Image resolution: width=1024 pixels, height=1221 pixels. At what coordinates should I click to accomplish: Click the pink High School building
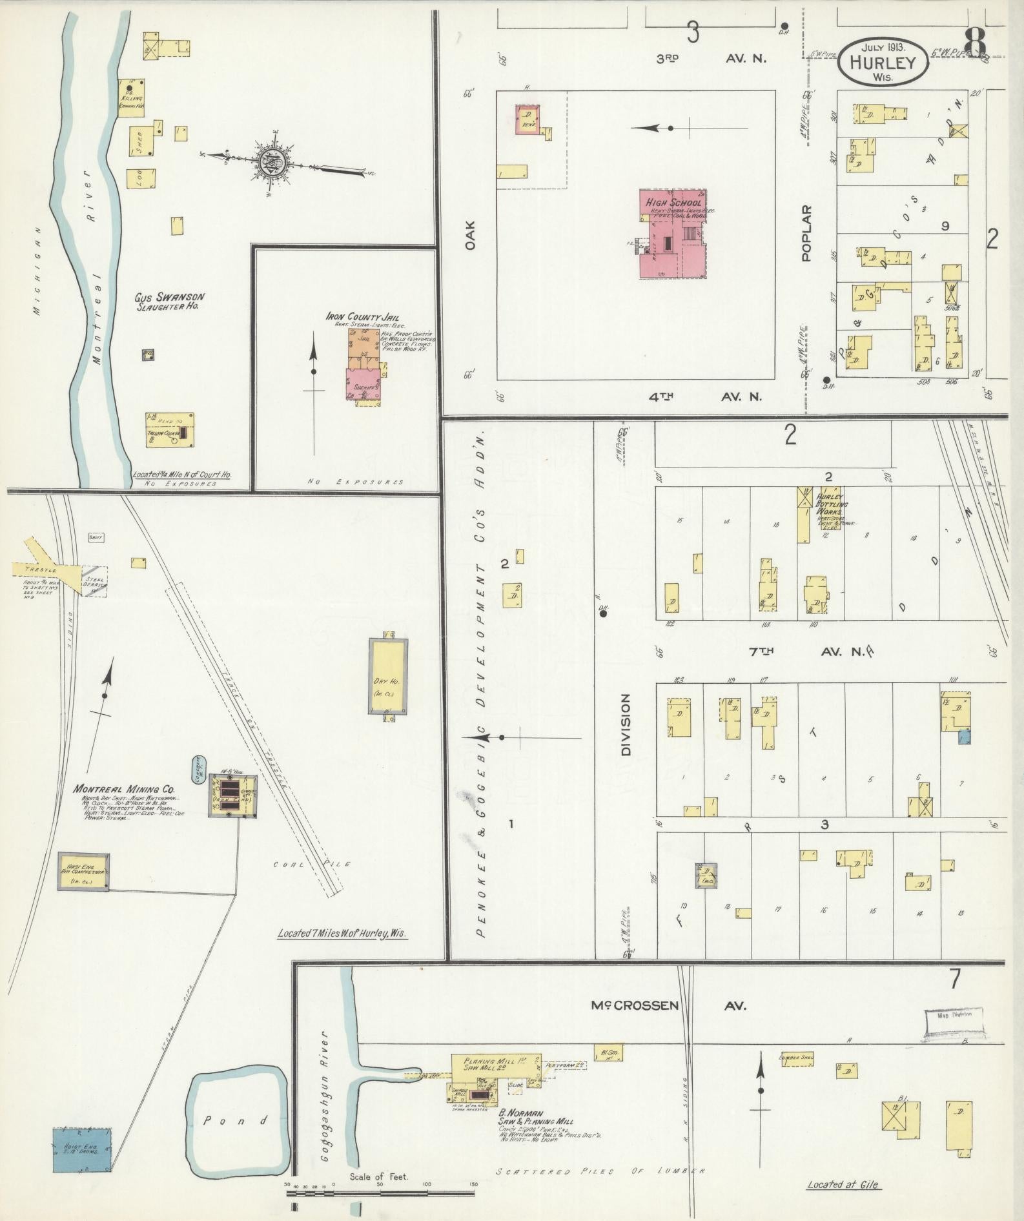tap(671, 235)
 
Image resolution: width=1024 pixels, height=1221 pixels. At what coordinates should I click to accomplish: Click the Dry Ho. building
tap(387, 676)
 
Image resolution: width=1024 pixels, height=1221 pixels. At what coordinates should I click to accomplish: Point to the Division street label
tap(624, 724)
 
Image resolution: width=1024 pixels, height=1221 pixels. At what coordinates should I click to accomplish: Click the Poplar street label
tap(806, 233)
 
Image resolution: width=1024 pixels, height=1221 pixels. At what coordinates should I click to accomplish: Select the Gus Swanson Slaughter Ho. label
tap(169, 302)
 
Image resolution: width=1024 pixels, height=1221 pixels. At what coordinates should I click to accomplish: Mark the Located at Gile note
tap(842, 1184)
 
